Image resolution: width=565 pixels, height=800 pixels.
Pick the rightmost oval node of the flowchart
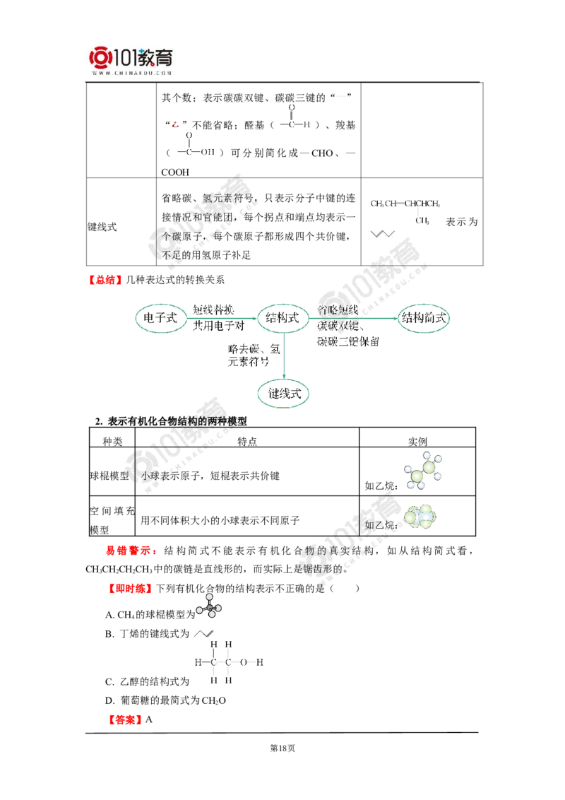pos(424,319)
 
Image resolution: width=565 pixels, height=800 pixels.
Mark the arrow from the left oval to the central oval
pos(220,320)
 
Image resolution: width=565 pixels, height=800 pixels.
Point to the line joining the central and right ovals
pos(353,320)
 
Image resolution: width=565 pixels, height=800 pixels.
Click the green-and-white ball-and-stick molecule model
pos(424,470)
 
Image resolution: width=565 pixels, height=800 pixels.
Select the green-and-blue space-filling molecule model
pos(421,517)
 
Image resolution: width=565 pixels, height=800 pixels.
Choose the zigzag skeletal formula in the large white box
pos(381,235)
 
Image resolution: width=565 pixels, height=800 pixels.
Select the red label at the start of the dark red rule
pos(124,720)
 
